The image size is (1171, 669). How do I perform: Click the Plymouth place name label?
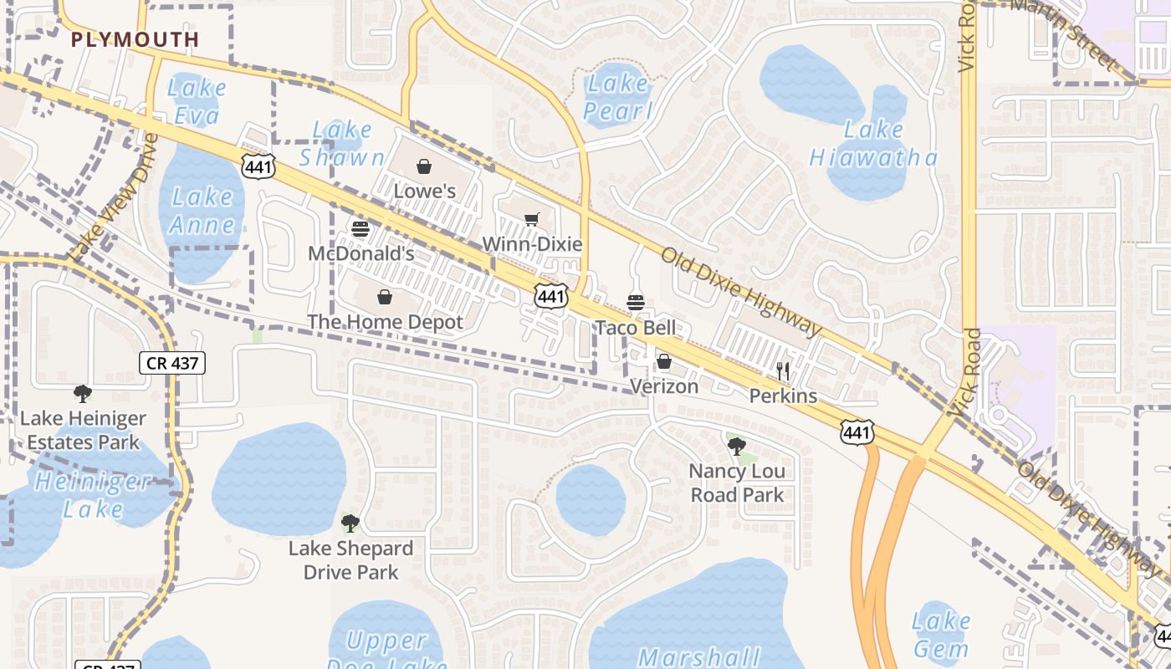coord(136,39)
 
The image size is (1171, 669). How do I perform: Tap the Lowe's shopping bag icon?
coord(424,166)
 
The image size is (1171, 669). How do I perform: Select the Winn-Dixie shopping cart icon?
coord(532,220)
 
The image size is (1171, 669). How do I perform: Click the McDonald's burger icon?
coord(361,228)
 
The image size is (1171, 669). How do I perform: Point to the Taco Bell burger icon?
coord(636,303)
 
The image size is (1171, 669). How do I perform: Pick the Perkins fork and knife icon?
coord(783,370)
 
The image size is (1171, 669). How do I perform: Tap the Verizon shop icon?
coord(663,361)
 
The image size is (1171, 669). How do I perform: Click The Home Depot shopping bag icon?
coord(385,297)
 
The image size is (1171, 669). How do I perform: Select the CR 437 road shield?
coord(171,363)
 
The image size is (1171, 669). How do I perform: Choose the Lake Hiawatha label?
coord(874,143)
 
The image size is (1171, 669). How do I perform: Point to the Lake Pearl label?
coord(618,96)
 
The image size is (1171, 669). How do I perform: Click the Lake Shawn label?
coord(342,143)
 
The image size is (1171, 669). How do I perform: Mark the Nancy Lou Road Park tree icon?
coord(737,446)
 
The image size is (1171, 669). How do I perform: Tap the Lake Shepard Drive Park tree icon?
coord(350,523)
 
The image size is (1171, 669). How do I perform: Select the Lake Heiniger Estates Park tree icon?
coord(82,393)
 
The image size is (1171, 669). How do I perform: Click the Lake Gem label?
coord(940,634)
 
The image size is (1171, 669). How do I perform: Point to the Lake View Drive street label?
coord(114,197)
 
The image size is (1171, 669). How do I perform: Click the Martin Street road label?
coord(1066,33)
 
